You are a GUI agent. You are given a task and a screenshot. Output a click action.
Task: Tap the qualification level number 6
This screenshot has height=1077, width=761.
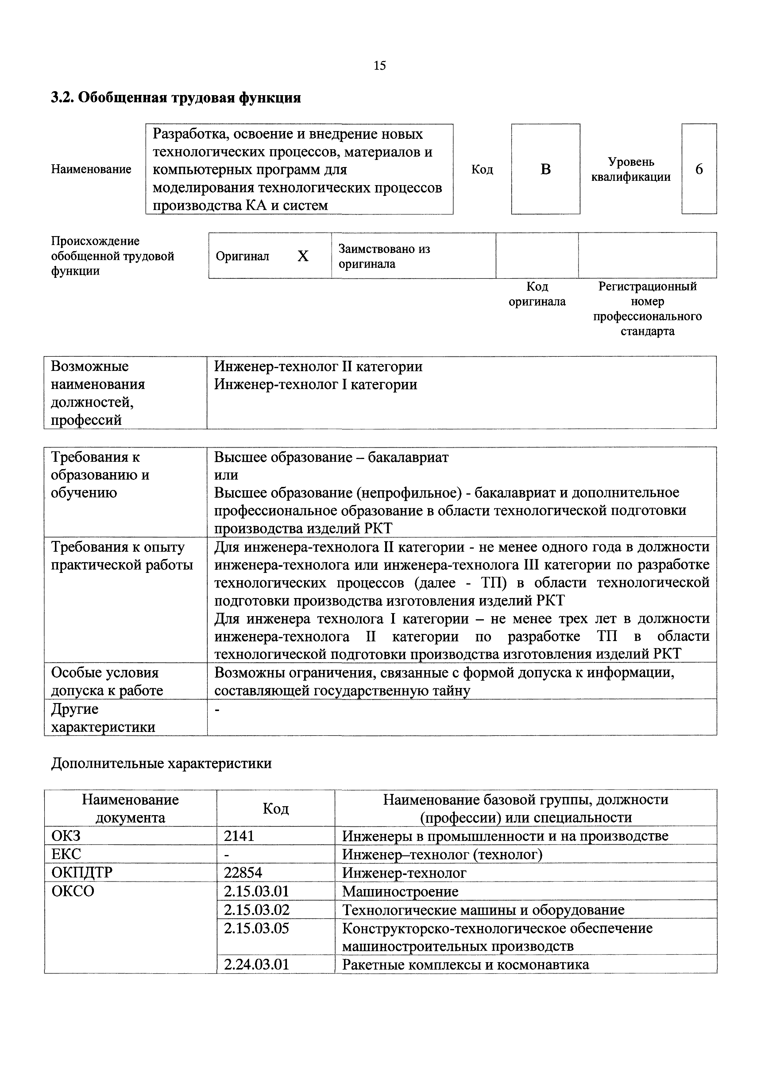699,169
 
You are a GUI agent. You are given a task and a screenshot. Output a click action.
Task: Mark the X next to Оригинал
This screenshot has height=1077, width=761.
303,256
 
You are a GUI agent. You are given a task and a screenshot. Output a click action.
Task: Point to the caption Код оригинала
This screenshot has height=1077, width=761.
537,294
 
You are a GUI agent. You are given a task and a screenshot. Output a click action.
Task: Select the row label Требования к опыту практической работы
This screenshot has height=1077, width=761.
122,556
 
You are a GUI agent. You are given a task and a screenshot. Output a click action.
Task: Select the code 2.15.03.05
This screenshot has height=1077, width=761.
257,928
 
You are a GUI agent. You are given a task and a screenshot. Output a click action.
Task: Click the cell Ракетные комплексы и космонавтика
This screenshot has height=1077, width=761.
465,965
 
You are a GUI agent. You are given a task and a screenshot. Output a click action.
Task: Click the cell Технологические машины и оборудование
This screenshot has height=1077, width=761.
483,910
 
